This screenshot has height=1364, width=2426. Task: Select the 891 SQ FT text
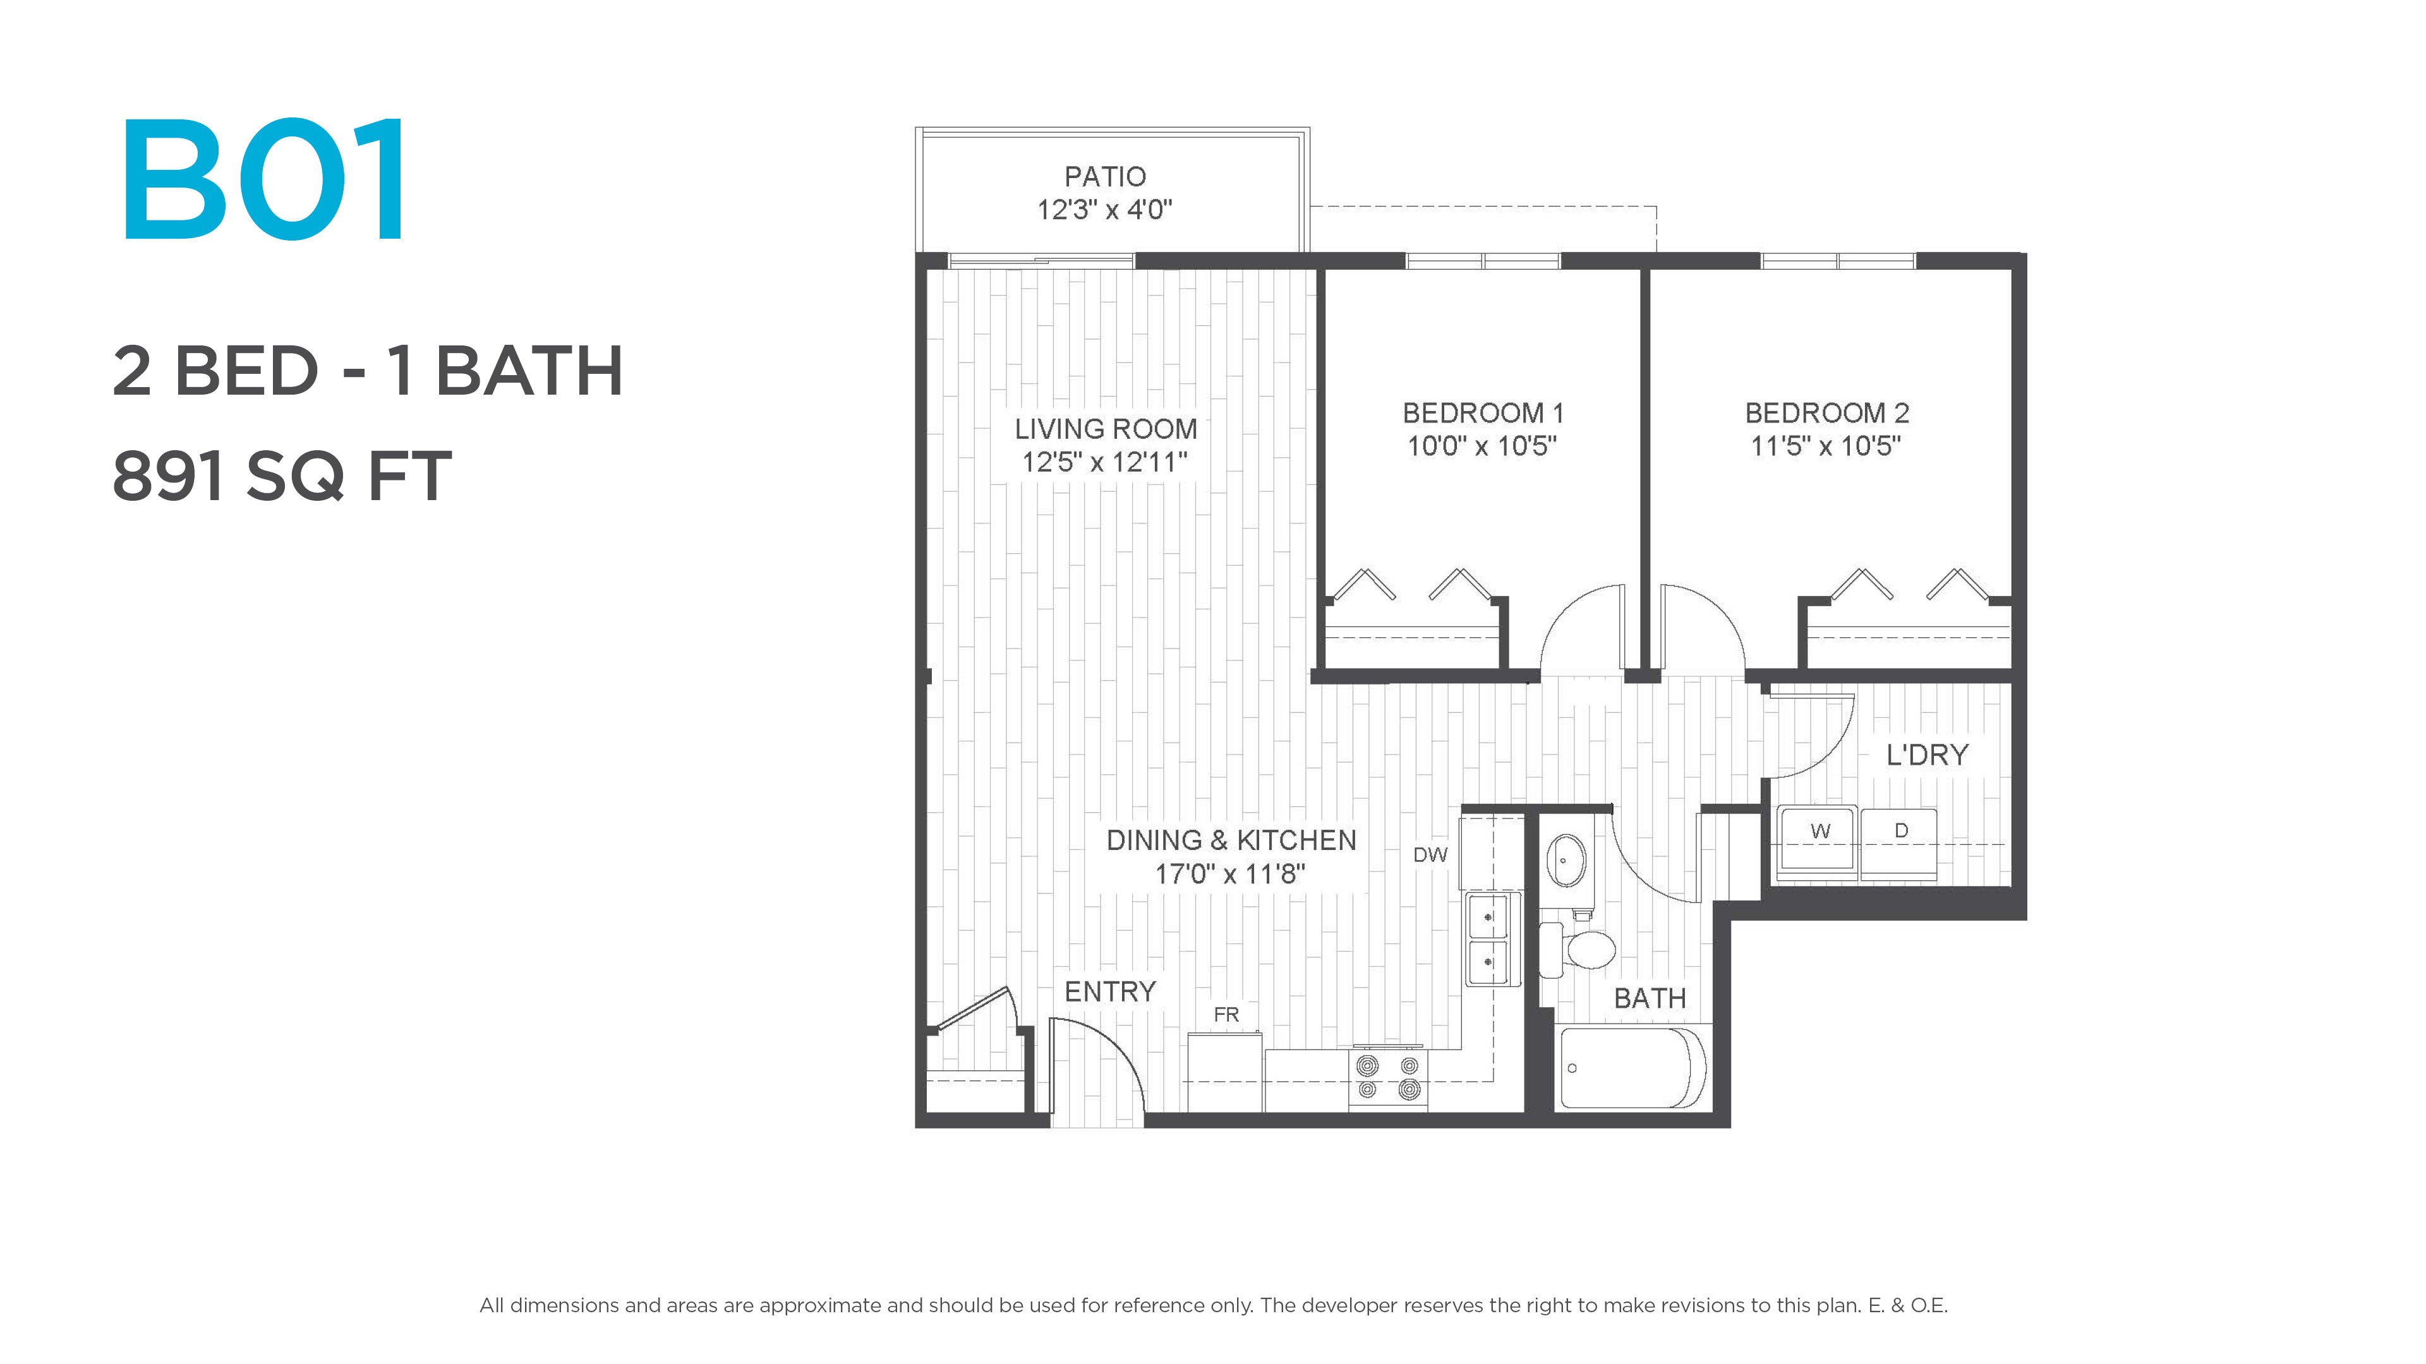pyautogui.click(x=282, y=476)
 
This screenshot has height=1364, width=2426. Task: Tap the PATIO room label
pyautogui.click(x=1105, y=176)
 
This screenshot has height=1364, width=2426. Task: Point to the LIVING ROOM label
pyautogui.click(x=1106, y=429)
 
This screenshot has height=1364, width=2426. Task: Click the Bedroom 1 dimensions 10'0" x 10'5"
pyautogui.click(x=1482, y=446)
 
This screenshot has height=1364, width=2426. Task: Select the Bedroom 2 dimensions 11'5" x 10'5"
pyautogui.click(x=1825, y=446)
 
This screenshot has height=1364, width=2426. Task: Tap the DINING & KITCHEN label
pyautogui.click(x=1231, y=841)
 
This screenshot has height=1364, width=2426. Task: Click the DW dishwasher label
pyautogui.click(x=1430, y=855)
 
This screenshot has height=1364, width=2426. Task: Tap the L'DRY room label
pyautogui.click(x=1927, y=755)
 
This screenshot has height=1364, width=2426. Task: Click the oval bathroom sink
pyautogui.click(x=1567, y=860)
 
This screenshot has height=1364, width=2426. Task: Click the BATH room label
pyautogui.click(x=1650, y=999)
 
